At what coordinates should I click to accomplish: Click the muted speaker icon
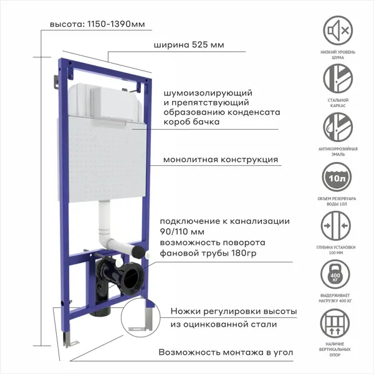tap(338, 31)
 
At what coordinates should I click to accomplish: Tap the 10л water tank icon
tap(337, 177)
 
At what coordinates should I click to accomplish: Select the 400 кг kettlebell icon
tap(335, 274)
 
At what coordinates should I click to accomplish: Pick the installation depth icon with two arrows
tap(336, 226)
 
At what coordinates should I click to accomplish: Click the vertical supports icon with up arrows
tap(335, 324)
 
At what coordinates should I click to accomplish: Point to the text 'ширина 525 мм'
tap(189, 45)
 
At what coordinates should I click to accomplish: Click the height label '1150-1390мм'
tap(116, 24)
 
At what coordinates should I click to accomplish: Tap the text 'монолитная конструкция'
tap(221, 160)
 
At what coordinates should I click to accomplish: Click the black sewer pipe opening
tap(132, 279)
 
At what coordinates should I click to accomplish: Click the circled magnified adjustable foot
tap(141, 317)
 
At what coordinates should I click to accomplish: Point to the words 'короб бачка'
tap(191, 122)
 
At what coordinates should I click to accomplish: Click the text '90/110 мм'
tap(182, 232)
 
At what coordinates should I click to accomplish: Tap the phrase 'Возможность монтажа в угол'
tap(226, 352)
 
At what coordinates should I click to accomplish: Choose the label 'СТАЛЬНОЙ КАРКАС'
tap(338, 103)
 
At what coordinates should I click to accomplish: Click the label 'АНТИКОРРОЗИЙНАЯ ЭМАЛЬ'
tap(338, 151)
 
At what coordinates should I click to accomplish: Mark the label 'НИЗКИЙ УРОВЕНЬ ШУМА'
tap(338, 55)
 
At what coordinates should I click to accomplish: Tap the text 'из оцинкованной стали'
tap(224, 324)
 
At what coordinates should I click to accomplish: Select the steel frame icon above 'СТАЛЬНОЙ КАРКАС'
tap(338, 79)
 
